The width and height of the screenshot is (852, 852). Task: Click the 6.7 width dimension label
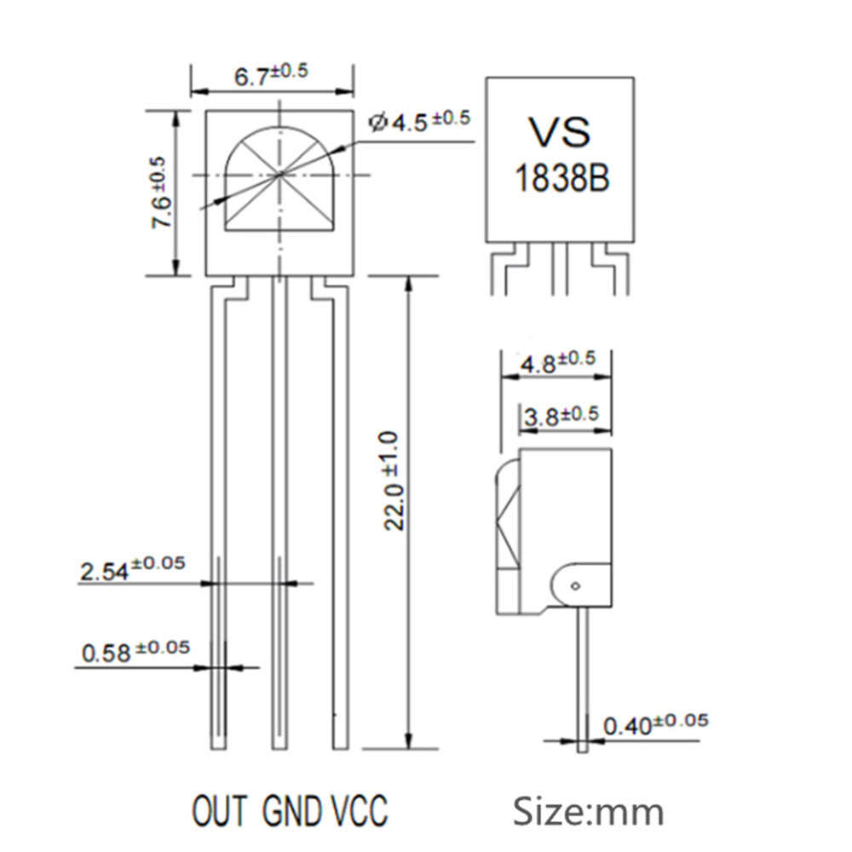point(271,75)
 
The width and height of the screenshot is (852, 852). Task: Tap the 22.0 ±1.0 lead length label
point(391,481)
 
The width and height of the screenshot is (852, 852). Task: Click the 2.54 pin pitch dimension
point(132,568)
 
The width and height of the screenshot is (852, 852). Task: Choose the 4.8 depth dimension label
point(557,361)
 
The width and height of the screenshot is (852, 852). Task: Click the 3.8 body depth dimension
point(561,417)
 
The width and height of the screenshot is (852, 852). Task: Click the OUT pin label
point(220,809)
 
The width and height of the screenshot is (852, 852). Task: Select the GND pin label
point(292,809)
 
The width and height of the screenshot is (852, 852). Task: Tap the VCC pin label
point(358,809)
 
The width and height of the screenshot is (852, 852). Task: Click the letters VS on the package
point(559,132)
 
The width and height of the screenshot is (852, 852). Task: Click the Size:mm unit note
point(588,810)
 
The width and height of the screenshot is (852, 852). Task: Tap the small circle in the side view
point(576,584)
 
